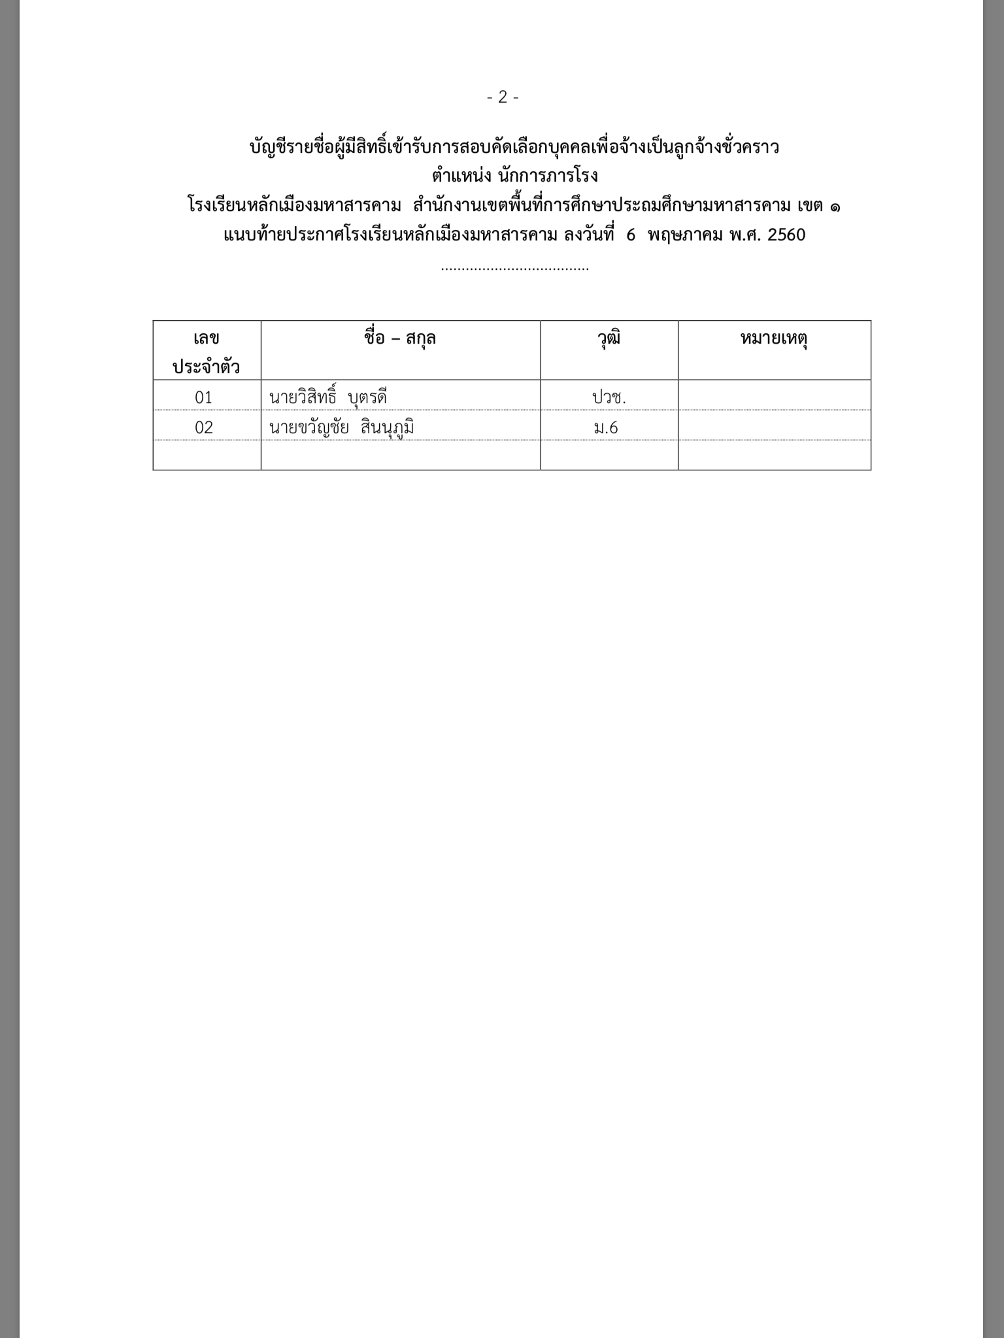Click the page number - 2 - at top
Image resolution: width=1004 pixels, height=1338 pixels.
[x=503, y=97]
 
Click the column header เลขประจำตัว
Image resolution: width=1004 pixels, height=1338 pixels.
[x=207, y=352]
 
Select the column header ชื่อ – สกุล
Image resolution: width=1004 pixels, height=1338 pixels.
[x=400, y=338]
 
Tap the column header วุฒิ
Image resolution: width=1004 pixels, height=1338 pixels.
[x=609, y=338]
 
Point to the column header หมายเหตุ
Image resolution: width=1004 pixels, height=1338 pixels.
[x=774, y=338]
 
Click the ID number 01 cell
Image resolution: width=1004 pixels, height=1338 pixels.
[x=204, y=397]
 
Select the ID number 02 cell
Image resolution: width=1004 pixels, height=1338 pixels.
[x=204, y=427]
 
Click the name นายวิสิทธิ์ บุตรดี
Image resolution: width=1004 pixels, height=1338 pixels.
[x=328, y=397]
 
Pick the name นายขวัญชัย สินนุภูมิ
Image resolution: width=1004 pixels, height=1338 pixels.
[x=341, y=427]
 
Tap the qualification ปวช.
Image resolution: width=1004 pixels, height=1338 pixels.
[x=609, y=397]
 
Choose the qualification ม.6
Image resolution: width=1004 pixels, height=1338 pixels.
[x=607, y=427]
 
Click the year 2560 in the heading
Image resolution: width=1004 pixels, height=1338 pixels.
[x=786, y=235]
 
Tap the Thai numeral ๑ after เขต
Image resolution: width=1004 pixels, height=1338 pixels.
[x=835, y=206]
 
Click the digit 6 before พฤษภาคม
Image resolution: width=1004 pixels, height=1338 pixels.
[x=631, y=235]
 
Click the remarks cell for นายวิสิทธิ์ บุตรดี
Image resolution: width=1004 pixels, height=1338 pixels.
[x=774, y=396]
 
